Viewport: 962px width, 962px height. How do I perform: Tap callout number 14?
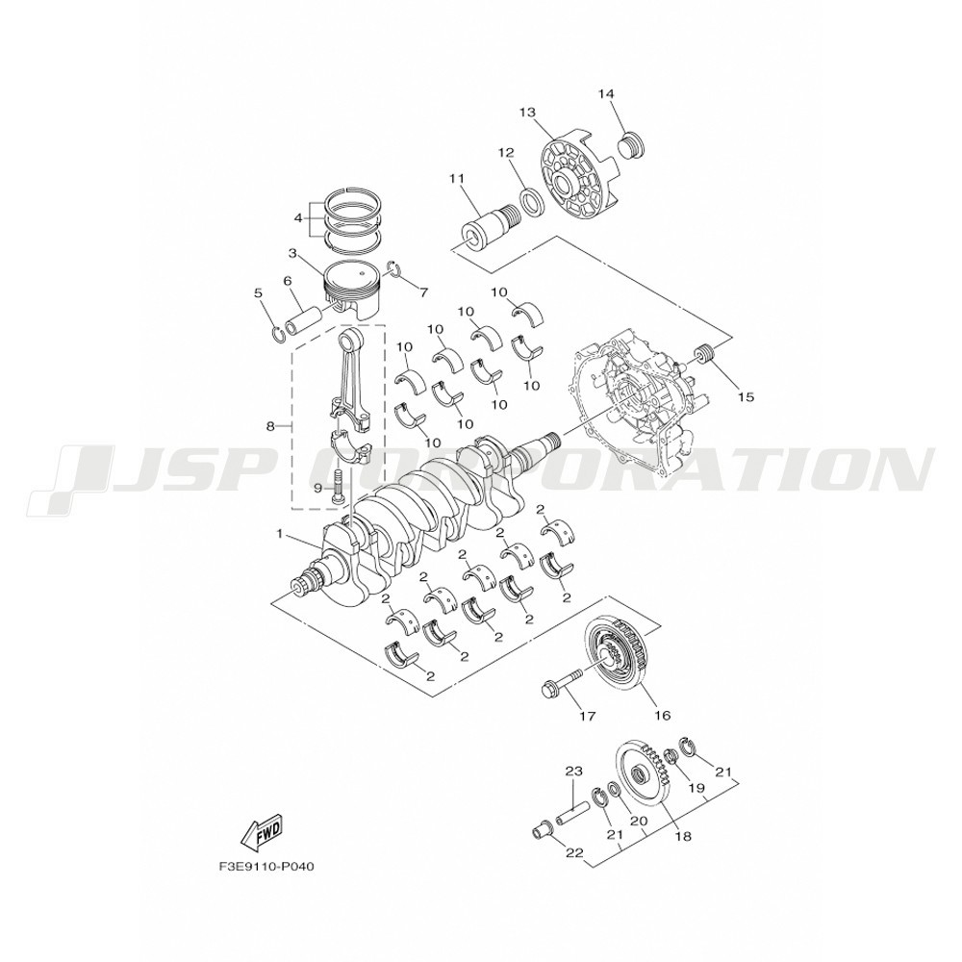606,93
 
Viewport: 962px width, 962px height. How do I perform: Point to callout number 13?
527,113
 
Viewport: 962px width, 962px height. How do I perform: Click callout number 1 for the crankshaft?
280,534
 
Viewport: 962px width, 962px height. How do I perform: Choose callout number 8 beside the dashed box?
270,426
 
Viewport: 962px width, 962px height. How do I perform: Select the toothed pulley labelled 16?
619,662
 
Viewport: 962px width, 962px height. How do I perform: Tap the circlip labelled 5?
277,335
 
